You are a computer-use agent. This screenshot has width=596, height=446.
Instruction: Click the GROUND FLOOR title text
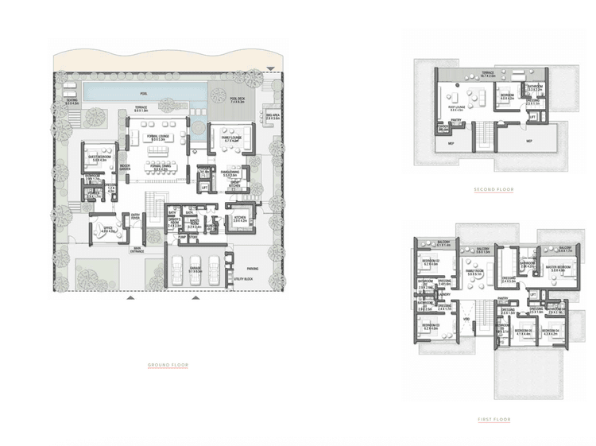point(168,365)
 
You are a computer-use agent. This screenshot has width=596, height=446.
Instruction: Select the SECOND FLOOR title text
point(493,190)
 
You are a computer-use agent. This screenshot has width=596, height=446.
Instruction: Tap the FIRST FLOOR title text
point(493,419)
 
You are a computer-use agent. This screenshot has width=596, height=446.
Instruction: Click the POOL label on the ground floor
point(144,94)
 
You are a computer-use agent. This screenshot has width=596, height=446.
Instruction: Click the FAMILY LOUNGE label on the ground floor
point(226,138)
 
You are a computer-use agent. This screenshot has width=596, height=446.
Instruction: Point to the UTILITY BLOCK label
point(242,281)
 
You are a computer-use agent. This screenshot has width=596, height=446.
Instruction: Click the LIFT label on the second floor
point(532,117)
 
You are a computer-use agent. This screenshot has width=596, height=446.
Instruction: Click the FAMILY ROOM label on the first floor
point(474,273)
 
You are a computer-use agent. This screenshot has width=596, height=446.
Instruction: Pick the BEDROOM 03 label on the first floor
point(431,326)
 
